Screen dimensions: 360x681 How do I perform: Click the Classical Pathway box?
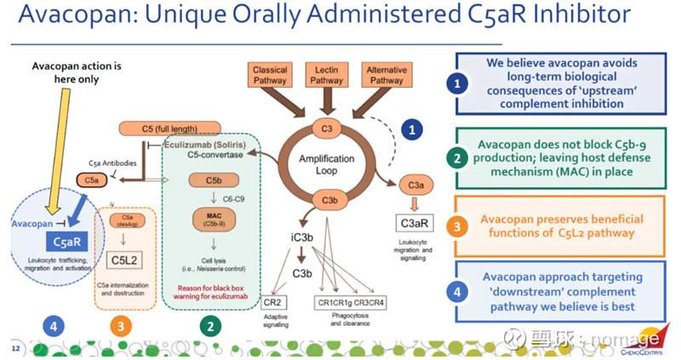[271, 74]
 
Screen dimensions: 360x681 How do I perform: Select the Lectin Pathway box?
[328, 74]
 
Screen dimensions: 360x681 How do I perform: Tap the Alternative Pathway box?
[386, 74]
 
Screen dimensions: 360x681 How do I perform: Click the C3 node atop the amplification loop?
[327, 129]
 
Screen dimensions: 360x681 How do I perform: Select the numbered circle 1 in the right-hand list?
[458, 83]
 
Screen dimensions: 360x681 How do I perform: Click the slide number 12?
[14, 348]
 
